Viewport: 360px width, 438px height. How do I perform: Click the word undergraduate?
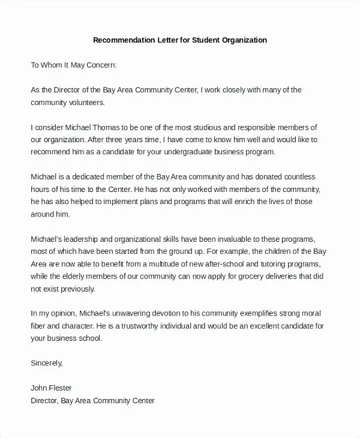click(x=200, y=152)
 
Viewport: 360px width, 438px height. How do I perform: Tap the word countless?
click(x=292, y=177)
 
